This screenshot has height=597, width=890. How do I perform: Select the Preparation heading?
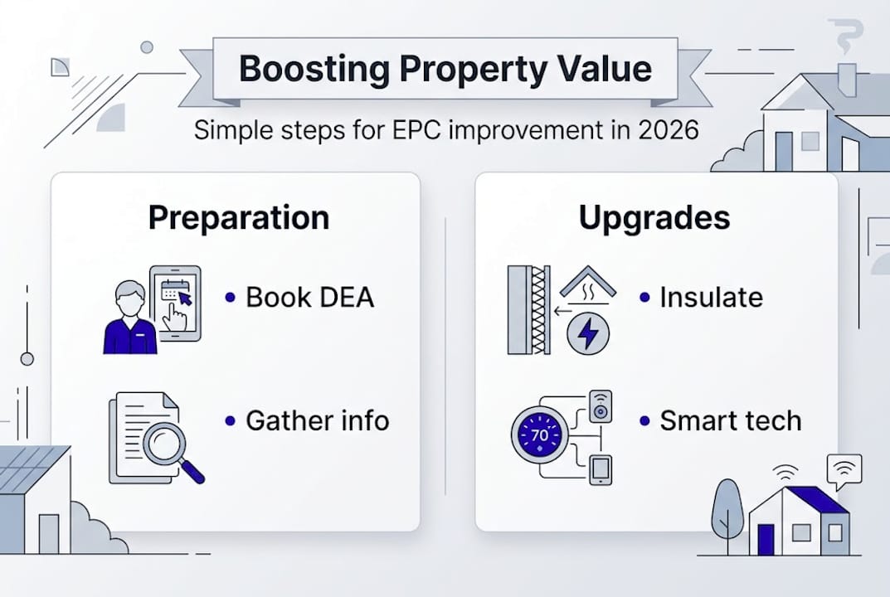pos(239,217)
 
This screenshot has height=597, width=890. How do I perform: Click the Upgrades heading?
pos(654,217)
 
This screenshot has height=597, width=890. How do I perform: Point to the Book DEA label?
pos(310,298)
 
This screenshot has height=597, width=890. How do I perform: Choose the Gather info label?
pos(318,420)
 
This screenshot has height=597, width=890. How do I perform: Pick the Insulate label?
pos(711,298)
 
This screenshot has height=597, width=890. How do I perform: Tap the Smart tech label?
pos(731,420)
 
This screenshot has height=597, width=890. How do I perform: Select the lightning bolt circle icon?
pos(588,334)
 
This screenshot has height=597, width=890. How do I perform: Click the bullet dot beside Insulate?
pos(644,297)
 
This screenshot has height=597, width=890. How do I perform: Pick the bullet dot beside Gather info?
pos(230,420)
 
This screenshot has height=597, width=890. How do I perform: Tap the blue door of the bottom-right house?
pos(766,539)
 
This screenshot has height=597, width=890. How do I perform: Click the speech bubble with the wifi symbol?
pos(844,470)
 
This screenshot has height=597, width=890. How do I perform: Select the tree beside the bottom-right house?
pos(727,506)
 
